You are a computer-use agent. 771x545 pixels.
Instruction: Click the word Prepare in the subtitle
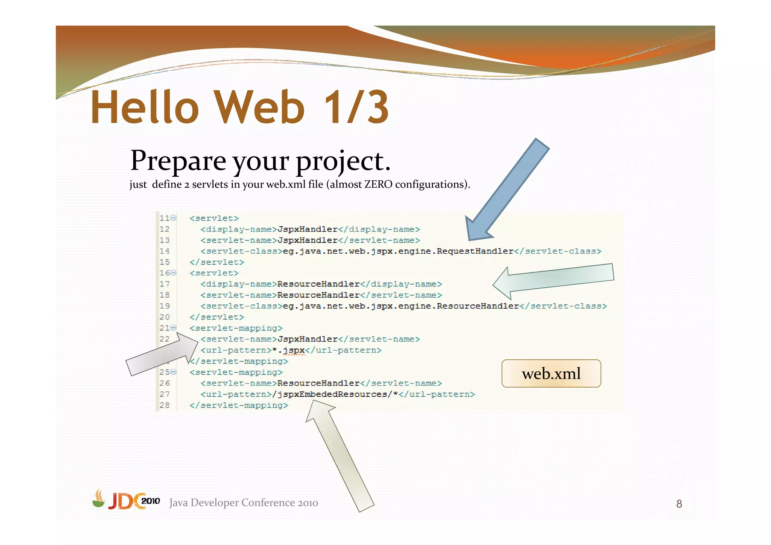178,161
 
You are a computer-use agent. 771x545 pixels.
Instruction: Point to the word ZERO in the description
378,184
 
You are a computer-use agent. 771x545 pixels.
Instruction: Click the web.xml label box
551,373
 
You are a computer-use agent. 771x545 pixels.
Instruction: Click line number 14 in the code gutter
165,251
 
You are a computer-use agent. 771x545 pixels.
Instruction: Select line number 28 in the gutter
165,405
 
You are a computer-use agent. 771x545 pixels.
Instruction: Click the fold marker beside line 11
173,218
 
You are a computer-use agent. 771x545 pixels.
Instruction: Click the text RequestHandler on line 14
475,251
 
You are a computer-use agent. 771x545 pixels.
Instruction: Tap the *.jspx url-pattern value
288,350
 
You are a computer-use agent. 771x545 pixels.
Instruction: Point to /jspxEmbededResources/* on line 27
335,394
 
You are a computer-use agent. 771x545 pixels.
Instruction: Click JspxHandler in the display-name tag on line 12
308,229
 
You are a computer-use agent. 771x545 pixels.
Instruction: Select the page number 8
679,504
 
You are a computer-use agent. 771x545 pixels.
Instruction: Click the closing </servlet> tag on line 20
217,317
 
